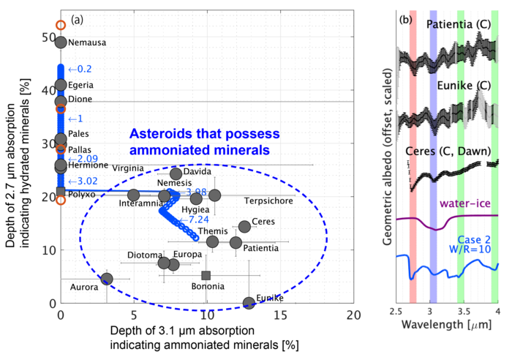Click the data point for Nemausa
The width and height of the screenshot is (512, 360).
coord(61,42)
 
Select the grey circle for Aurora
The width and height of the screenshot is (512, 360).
coord(107,279)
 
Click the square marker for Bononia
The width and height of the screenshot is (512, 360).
coord(206,276)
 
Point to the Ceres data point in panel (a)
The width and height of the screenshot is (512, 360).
coord(244,227)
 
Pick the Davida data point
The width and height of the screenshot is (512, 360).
coord(176,174)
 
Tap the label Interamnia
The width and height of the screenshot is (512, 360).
coord(141,203)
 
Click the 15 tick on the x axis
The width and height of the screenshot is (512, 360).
coord(281,315)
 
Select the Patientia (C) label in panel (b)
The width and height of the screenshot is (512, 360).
coord(460,24)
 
